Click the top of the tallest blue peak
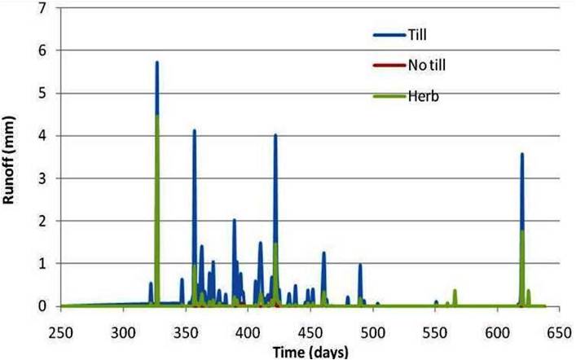[x=156, y=62]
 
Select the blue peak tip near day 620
[x=521, y=154]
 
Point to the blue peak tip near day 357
[x=194, y=130]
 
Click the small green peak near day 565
[x=455, y=291]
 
